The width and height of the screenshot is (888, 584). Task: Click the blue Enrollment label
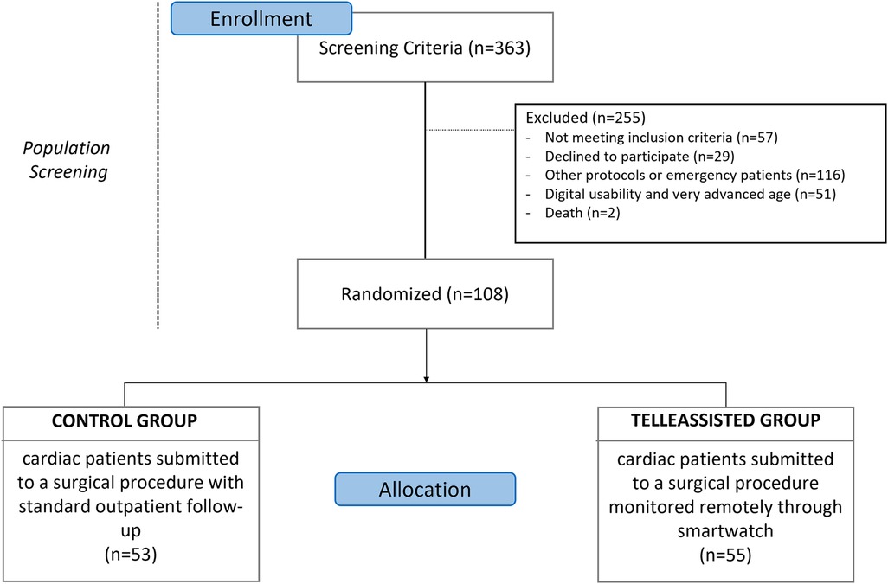tap(261, 18)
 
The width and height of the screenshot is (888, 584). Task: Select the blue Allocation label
tap(425, 489)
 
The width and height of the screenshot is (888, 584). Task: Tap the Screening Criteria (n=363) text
tap(425, 48)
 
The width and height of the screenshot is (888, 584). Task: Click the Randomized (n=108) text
tap(425, 294)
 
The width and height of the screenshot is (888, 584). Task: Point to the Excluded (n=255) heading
tap(586, 118)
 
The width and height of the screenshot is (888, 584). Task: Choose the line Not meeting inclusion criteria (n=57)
tap(661, 138)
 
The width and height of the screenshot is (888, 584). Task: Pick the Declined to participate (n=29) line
tap(640, 157)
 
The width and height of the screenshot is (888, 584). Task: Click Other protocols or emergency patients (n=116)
tap(695, 175)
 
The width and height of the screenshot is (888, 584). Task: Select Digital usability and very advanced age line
tap(691, 194)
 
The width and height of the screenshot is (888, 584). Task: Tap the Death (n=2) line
tap(582, 213)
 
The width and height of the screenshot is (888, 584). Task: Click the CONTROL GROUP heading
tap(125, 420)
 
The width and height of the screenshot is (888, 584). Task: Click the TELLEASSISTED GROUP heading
tap(725, 420)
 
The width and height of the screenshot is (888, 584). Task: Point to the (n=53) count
tap(131, 554)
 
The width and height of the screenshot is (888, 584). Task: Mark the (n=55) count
tap(725, 555)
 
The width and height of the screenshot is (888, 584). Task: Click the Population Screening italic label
tap(67, 159)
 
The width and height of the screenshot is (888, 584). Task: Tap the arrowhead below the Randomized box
tap(426, 379)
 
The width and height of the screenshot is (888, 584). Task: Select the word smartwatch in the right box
tap(725, 531)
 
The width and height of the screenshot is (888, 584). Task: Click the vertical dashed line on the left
tap(158, 165)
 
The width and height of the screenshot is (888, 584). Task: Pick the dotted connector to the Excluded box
tap(470, 130)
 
